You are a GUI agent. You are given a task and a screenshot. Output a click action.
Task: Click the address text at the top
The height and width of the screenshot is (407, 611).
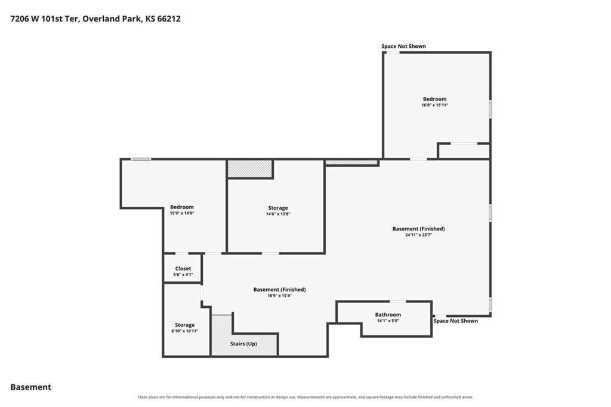tap(95, 19)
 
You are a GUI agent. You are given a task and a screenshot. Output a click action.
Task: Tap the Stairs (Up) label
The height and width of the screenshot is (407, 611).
tap(243, 344)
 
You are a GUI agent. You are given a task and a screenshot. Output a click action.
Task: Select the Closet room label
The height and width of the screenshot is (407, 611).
tap(183, 268)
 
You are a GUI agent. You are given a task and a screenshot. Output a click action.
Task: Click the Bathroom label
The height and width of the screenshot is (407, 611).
tap(388, 314)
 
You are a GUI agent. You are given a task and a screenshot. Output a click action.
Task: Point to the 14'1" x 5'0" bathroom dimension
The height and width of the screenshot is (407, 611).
tap(388, 321)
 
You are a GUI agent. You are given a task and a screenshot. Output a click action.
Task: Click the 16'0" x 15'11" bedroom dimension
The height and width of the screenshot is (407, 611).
tap(435, 105)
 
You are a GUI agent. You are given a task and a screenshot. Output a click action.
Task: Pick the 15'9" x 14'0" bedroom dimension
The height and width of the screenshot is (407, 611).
tap(182, 213)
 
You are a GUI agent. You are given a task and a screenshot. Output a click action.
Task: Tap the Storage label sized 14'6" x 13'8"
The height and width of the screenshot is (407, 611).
tap(278, 208)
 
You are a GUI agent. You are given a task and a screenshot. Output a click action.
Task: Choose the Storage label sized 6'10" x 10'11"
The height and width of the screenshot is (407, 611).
tap(185, 325)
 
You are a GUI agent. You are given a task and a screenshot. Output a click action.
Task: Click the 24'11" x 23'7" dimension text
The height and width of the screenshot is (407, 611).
tap(418, 235)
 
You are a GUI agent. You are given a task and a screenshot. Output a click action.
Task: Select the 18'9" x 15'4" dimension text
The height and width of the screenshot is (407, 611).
tap(279, 296)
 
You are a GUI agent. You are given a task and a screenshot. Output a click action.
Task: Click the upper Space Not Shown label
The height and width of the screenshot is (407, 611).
tap(404, 46)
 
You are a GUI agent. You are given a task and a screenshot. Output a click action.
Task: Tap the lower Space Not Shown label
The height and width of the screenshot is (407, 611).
tap(455, 321)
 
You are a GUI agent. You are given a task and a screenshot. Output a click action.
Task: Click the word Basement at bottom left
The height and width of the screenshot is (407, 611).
tap(31, 387)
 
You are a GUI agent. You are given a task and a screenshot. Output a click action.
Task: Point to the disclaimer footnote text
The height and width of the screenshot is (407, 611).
tap(305, 397)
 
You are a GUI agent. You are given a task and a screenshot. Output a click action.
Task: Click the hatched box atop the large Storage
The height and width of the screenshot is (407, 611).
tap(250, 169)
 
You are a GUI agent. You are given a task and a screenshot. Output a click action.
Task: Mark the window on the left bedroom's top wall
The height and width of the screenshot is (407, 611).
tap(141, 159)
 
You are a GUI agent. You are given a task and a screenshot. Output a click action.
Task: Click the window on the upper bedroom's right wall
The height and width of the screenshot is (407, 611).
tap(490, 109)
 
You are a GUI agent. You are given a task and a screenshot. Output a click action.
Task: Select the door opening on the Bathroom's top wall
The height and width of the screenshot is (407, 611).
tap(398, 301)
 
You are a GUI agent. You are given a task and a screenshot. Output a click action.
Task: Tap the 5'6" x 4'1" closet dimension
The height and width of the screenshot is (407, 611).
tap(183, 275)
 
